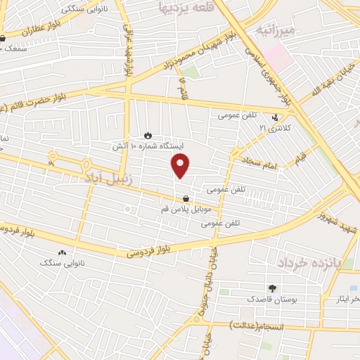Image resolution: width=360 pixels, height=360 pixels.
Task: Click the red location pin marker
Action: pyautogui.click(x=181, y=166)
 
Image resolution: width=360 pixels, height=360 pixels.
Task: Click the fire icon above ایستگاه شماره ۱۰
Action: pyautogui.click(x=148, y=134)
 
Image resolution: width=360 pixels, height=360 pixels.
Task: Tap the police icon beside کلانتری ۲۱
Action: pyautogui.click(x=275, y=117)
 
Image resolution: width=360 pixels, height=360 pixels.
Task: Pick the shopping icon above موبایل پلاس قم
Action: pyautogui.click(x=185, y=198)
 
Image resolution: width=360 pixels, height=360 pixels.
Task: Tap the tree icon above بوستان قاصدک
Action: pyautogui.click(x=272, y=288)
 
